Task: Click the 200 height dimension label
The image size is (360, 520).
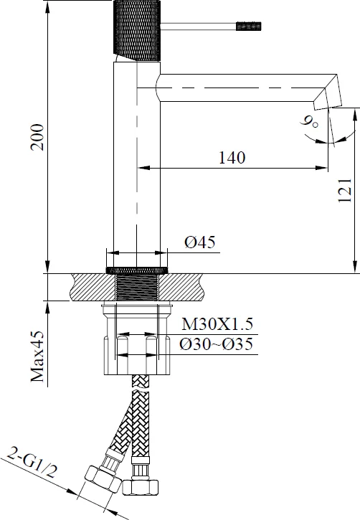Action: point(37,137)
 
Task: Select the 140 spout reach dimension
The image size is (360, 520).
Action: point(232,158)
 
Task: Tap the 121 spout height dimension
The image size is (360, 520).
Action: point(345,190)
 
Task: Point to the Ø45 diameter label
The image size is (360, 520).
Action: point(200,242)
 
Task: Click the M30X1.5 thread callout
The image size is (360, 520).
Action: point(217,323)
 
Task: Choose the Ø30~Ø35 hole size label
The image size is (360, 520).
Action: point(216,344)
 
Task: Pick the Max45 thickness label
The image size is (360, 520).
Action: point(37,356)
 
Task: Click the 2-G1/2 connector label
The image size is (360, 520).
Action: point(32,462)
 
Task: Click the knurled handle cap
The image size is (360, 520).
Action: point(137,31)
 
